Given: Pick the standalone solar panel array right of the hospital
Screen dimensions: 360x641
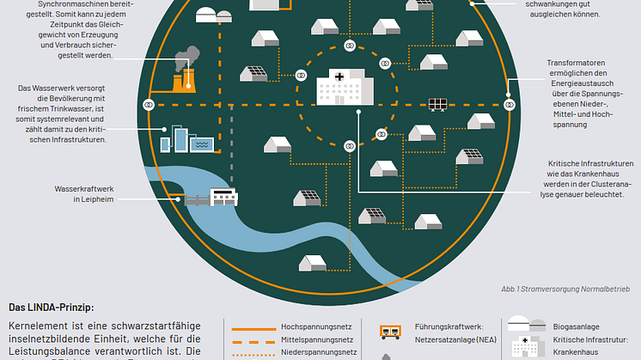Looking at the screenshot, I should pyautogui.click(x=437, y=105).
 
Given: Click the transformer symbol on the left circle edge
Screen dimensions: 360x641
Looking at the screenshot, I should pyautogui.click(x=149, y=104).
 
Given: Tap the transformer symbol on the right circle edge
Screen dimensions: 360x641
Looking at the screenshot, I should pyautogui.click(x=510, y=104).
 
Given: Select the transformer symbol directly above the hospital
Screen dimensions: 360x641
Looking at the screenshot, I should pyautogui.click(x=350, y=44).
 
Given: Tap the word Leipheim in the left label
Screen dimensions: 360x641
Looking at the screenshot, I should pyautogui.click(x=90, y=199).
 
